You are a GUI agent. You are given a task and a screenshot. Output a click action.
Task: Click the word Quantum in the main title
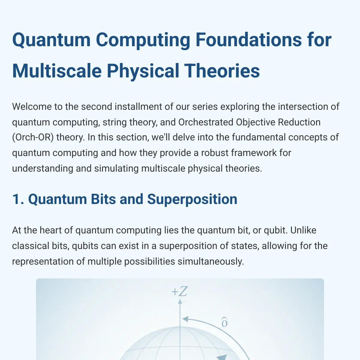click(x=51, y=40)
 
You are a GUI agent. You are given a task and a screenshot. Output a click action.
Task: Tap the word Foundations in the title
click(x=248, y=40)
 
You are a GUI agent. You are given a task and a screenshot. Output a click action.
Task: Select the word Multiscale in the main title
click(x=57, y=71)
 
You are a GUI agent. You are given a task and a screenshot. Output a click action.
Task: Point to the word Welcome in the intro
click(x=32, y=107)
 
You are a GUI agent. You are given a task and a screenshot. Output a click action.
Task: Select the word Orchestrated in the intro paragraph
click(x=206, y=122)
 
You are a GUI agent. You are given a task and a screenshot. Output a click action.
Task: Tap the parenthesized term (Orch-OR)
click(x=33, y=137)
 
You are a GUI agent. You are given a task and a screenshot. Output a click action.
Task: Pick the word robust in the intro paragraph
click(x=215, y=153)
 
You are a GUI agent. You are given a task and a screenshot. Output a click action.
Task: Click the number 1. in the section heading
click(x=18, y=199)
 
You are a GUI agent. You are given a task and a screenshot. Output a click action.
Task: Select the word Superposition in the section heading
click(x=192, y=199)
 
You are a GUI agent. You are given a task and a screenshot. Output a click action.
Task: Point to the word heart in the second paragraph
click(x=51, y=230)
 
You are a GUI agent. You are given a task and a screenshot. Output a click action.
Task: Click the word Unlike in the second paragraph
click(x=303, y=230)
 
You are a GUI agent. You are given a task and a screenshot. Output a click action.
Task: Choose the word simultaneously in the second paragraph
click(x=211, y=261)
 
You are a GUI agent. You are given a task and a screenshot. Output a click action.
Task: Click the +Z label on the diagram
click(x=179, y=291)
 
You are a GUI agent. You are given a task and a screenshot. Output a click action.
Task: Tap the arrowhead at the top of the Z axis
click(x=180, y=301)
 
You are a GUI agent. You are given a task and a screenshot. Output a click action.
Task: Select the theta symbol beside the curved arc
click(x=225, y=322)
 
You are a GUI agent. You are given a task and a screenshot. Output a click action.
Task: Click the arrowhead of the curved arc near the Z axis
click(x=185, y=319)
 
